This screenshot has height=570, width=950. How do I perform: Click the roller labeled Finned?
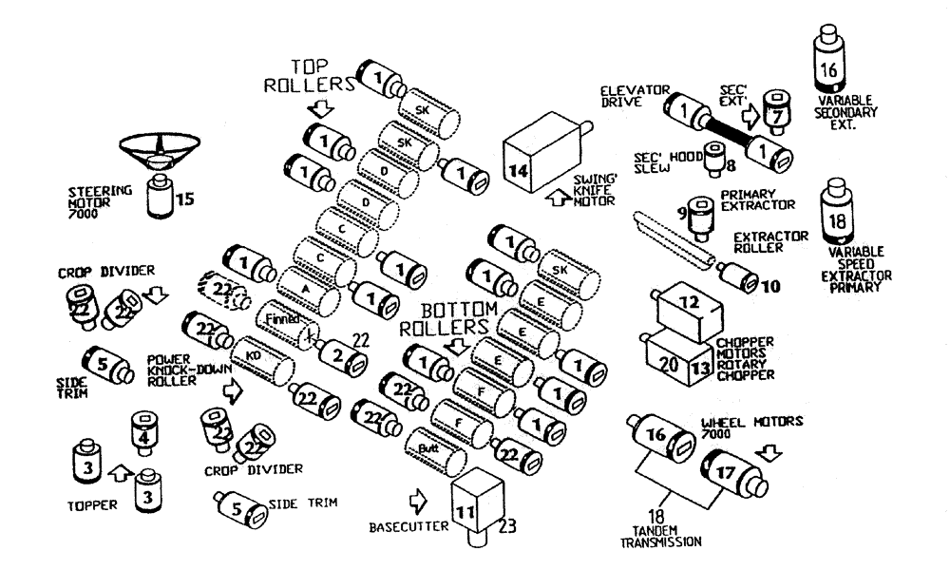[285, 321]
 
